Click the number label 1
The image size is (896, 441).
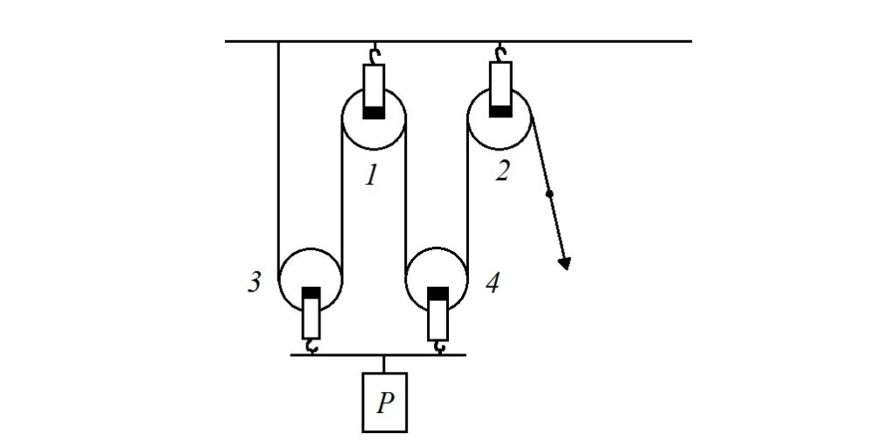coord(372,176)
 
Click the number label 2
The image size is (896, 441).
coord(501,171)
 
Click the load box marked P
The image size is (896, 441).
coord(385,402)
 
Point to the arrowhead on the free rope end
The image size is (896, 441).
coord(565,262)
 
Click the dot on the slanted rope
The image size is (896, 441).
coord(549,192)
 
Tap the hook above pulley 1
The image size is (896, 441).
coord(374,55)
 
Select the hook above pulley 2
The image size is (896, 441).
coord(500,55)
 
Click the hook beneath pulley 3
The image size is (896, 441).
coord(311,346)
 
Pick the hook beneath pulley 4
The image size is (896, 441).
coord(437,346)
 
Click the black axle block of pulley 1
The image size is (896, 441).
coord(374,112)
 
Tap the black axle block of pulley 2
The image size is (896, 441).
coord(500,110)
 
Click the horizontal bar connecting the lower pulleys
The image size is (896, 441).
coord(376,355)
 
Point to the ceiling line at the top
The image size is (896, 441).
coord(569,40)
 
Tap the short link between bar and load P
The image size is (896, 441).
coord(384,364)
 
